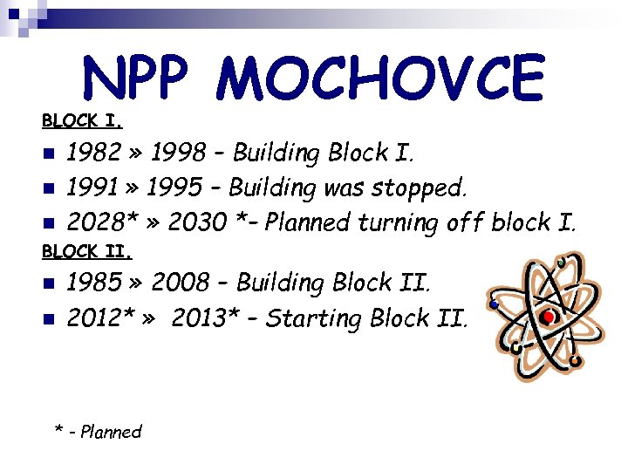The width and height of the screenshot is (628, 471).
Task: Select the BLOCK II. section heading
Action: [86, 251]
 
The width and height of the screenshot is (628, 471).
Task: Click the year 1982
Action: [94, 154]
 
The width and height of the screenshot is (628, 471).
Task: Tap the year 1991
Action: [92, 188]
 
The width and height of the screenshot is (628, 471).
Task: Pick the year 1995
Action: [174, 188]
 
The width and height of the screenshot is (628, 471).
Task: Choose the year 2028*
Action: [99, 222]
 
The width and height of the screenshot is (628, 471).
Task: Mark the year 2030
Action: [197, 222]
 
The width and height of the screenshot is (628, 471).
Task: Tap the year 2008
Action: [181, 283]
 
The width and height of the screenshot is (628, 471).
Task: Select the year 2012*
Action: [99, 318]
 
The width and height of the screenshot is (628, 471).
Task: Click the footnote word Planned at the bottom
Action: [110, 432]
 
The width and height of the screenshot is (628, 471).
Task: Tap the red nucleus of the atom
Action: [548, 317]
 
